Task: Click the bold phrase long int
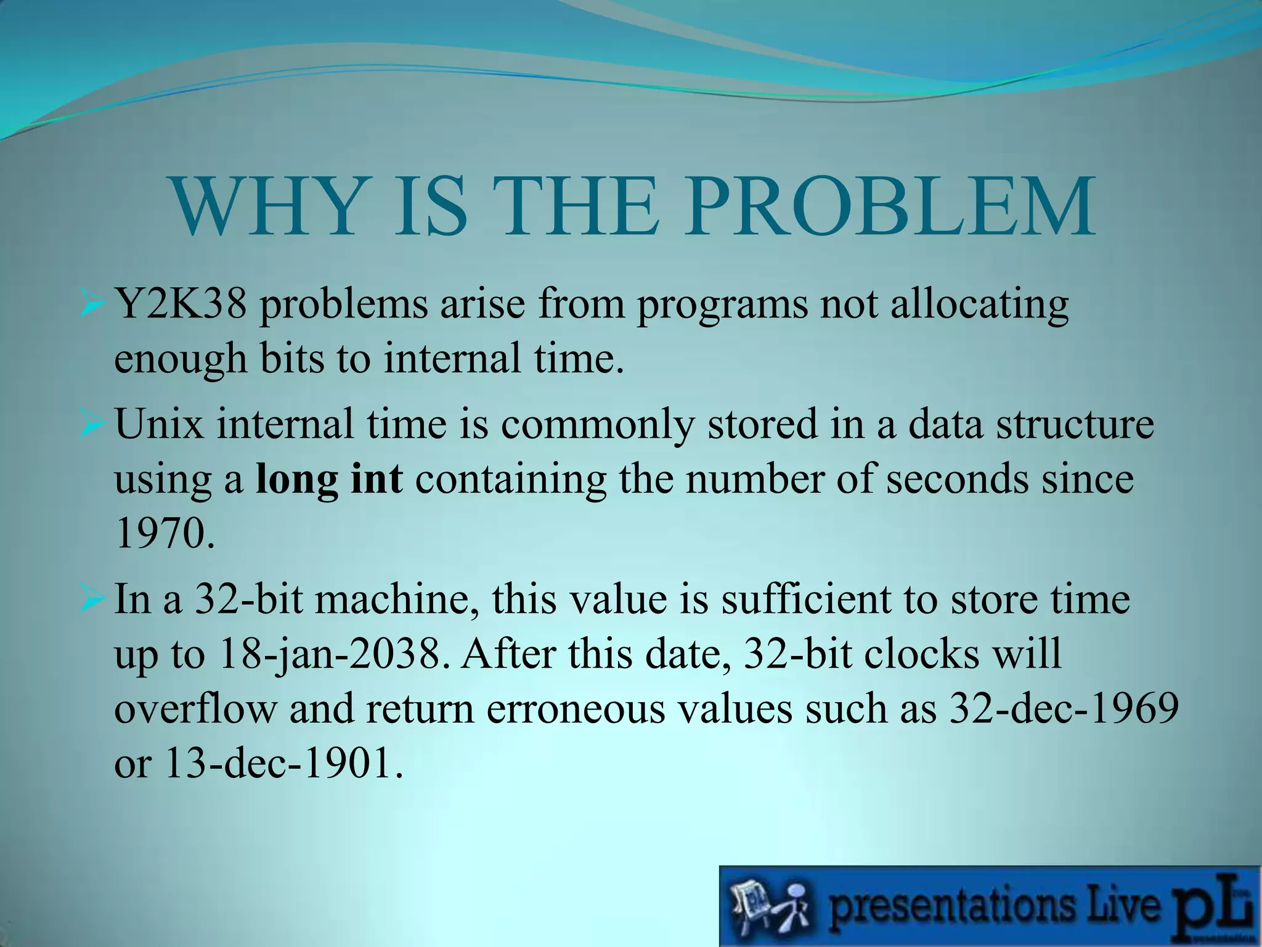coord(329,479)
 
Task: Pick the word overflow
coord(195,708)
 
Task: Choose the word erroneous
coord(576,708)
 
